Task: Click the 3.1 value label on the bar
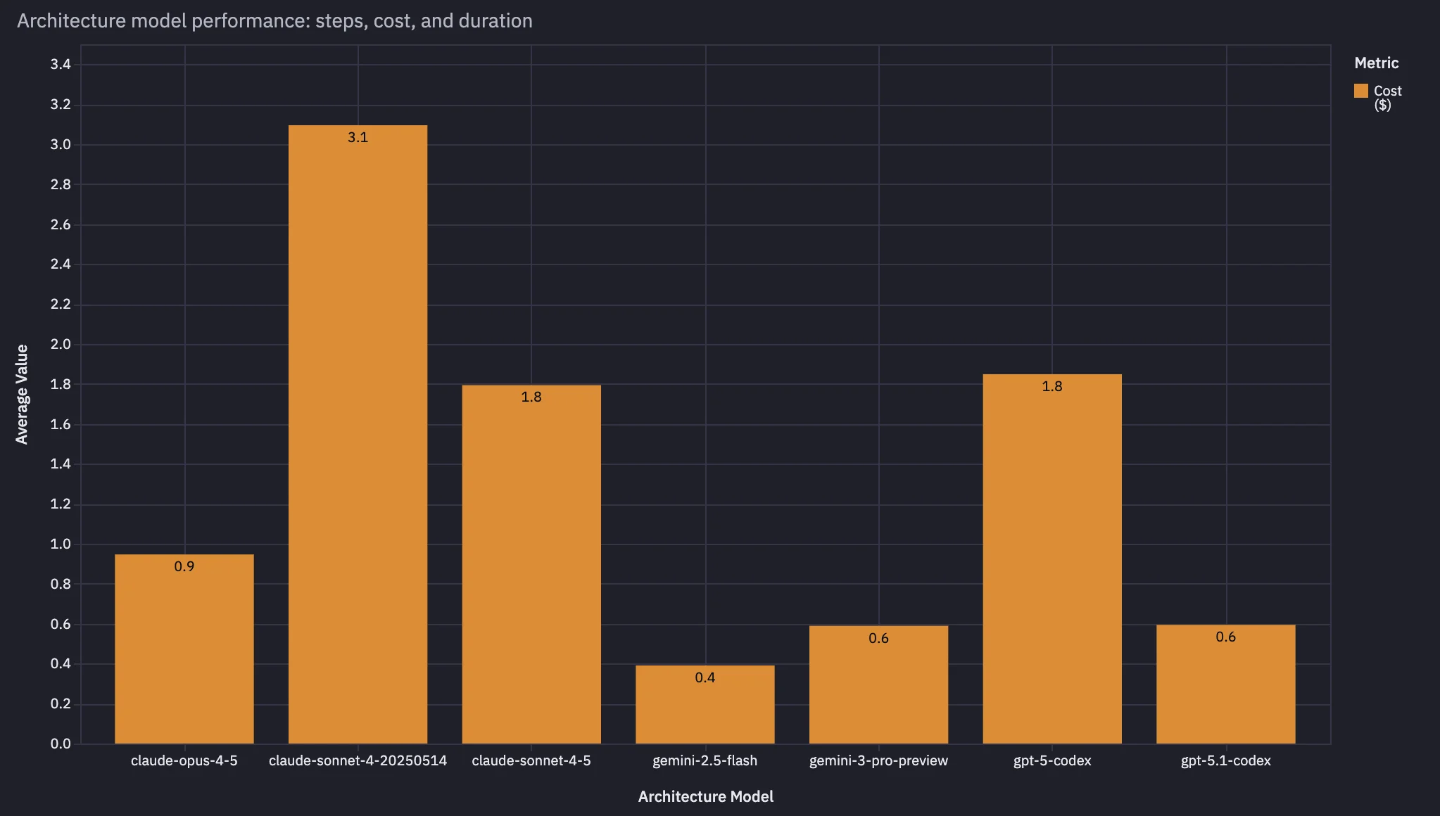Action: point(358,137)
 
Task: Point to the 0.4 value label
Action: point(705,677)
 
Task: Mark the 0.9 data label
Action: point(184,566)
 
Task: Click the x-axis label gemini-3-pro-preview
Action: point(878,760)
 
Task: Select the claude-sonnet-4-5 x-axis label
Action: point(531,760)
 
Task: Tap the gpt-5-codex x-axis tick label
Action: point(1052,760)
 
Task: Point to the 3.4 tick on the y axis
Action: point(61,65)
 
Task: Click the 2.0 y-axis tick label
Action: point(61,344)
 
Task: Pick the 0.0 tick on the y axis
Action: point(61,744)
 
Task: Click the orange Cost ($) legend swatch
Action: point(1361,91)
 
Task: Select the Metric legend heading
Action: point(1376,63)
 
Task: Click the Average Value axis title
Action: point(23,394)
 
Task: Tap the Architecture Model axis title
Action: point(705,796)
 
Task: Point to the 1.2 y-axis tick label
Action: point(61,504)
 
